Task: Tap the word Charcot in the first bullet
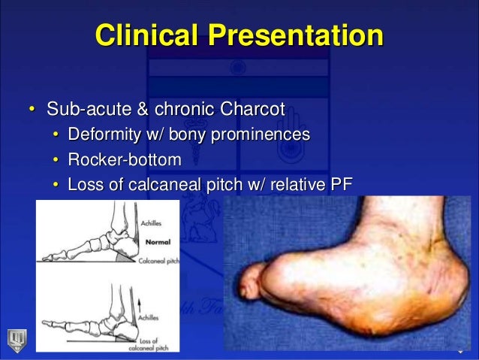250,110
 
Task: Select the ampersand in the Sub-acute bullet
129,110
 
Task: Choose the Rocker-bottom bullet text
124,159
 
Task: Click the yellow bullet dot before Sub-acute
32,110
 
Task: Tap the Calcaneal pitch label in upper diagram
157,261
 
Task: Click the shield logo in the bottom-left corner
14,337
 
